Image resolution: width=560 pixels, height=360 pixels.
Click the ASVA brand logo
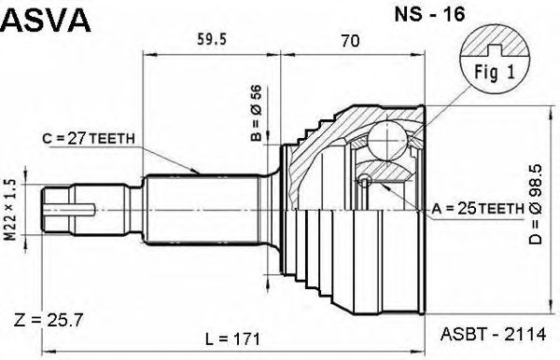tap(47, 20)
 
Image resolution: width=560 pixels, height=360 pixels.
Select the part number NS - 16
tap(429, 14)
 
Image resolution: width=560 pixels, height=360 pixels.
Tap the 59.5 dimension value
tap(212, 39)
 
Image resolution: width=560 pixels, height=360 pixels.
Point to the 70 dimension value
tap(350, 41)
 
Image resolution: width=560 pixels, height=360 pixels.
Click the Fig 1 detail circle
tap(495, 60)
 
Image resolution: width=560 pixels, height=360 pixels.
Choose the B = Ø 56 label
tap(257, 114)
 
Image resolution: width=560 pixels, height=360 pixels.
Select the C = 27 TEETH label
tap(89, 139)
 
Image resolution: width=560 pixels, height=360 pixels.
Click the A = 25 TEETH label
tap(478, 209)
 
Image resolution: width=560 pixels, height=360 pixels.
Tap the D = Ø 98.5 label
tap(536, 204)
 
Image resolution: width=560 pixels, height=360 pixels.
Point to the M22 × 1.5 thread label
tap(11, 210)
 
